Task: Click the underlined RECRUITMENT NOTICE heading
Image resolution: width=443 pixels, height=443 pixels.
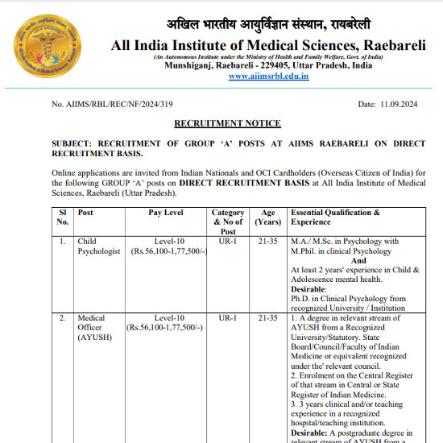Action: [228, 123]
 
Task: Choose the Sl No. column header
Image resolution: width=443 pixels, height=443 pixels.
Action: [63, 217]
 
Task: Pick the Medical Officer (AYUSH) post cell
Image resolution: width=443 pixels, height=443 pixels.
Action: [92, 328]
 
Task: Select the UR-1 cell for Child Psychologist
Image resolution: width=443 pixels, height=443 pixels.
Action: [228, 241]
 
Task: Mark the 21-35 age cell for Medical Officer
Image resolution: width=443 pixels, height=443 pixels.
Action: [267, 318]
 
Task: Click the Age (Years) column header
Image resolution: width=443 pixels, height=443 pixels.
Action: [267, 217]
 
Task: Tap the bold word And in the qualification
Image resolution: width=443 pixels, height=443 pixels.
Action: [358, 260]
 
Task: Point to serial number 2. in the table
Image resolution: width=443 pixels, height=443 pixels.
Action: [63, 318]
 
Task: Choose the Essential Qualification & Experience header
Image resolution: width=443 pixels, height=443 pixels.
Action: [335, 217]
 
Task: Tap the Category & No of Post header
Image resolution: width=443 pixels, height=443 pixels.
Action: [228, 221]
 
